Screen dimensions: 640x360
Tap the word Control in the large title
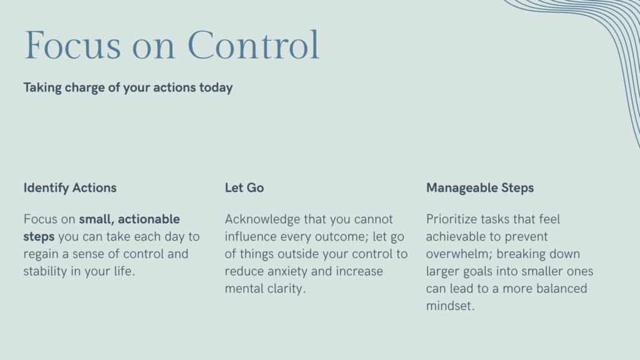pyautogui.click(x=253, y=45)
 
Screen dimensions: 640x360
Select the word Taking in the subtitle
pyautogui.click(x=42, y=88)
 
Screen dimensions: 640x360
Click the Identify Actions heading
pyautogui.click(x=70, y=188)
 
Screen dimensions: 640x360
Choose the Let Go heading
pyautogui.click(x=244, y=187)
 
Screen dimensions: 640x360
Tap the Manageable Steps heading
pyautogui.click(x=480, y=188)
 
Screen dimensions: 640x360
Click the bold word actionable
pyautogui.click(x=149, y=219)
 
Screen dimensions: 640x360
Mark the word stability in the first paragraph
pyautogui.click(x=45, y=271)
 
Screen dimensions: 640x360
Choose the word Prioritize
pyautogui.click(x=452, y=219)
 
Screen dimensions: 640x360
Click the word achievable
pyautogui.click(x=456, y=237)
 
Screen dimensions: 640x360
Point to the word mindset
pyautogui.click(x=450, y=306)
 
